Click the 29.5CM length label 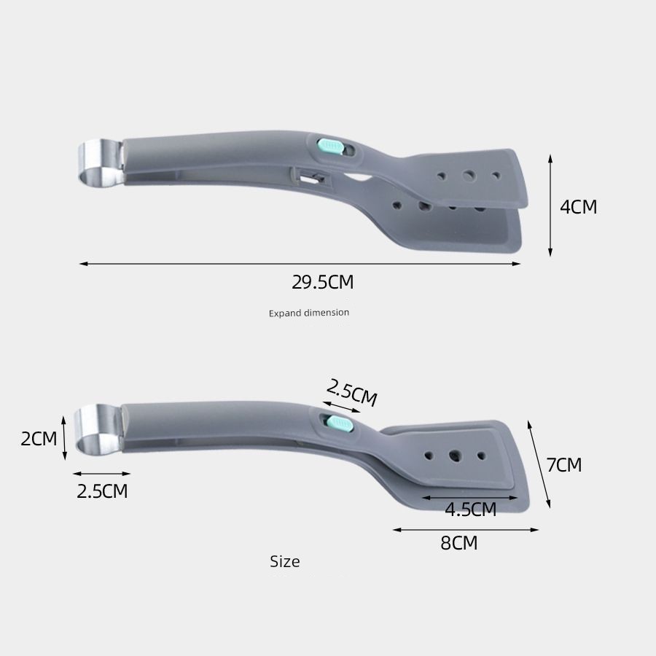tap(323, 282)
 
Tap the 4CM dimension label tap(579, 207)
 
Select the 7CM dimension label tap(564, 465)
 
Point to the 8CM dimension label tap(459, 543)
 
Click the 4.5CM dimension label tap(471, 509)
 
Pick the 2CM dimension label tap(39, 439)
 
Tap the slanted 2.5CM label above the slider tap(351, 392)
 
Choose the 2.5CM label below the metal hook tap(103, 491)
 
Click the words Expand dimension tap(309, 313)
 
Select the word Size tap(285, 561)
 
